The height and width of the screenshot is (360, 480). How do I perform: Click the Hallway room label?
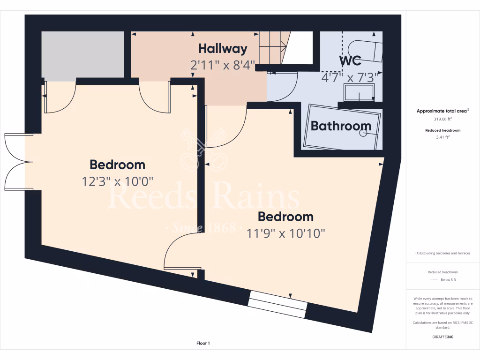tap(222, 48)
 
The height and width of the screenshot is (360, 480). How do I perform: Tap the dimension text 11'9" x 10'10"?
tap(286, 233)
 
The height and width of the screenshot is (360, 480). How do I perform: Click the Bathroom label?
tap(341, 126)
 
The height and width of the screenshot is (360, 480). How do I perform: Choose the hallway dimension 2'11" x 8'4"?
tap(222, 65)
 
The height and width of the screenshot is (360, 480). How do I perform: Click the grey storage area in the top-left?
tap(82, 54)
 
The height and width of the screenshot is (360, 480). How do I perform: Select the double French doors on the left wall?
tap(18, 162)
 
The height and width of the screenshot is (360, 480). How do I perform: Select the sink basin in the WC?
tap(359, 93)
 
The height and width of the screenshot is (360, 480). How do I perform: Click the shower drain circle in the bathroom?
tap(363, 133)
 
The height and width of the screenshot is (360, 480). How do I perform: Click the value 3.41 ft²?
tap(442, 137)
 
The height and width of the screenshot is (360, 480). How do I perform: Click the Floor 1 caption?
tap(203, 344)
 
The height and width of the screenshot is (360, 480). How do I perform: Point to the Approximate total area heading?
tap(442, 111)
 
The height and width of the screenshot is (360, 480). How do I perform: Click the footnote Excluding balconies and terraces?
tap(442, 253)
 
